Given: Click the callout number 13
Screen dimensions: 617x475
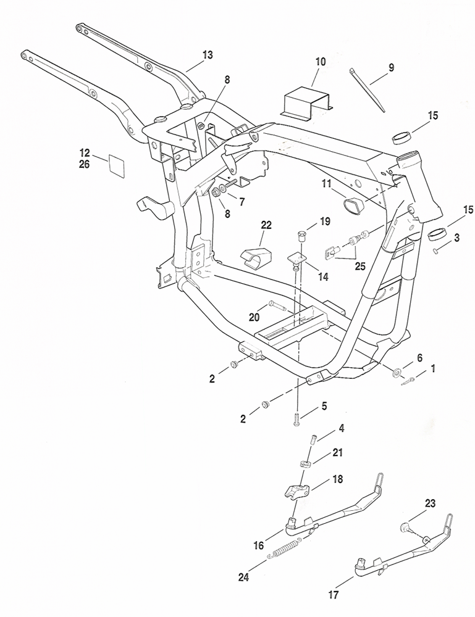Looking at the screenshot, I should pyautogui.click(x=207, y=55).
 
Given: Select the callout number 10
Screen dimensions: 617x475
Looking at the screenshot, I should pyautogui.click(x=320, y=62).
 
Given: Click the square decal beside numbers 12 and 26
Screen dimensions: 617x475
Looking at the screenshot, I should pyautogui.click(x=117, y=165).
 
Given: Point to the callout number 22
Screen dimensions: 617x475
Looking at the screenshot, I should pyautogui.click(x=266, y=225).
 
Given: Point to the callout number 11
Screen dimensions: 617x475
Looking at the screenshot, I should pyautogui.click(x=326, y=183).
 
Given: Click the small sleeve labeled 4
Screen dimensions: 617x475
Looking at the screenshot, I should pyautogui.click(x=313, y=439).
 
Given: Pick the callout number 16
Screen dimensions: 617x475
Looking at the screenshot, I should pyautogui.click(x=259, y=545).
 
